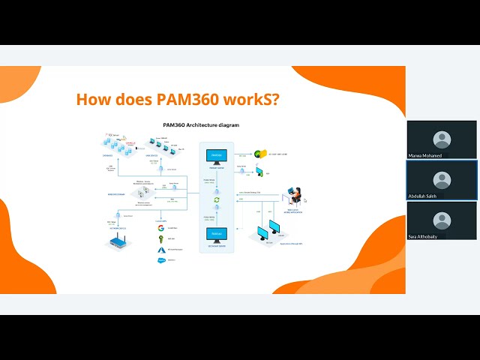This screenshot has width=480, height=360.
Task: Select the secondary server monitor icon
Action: [x=216, y=234]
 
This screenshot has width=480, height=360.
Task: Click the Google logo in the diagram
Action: [x=160, y=228]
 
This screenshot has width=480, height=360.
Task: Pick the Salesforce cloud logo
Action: [x=160, y=260]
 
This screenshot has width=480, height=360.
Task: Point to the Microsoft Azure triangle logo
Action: [x=160, y=249]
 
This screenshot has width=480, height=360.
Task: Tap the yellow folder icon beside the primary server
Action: [x=260, y=154]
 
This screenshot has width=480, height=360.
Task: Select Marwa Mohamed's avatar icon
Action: [x=442, y=139]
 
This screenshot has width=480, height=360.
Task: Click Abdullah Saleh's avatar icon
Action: [x=442, y=180]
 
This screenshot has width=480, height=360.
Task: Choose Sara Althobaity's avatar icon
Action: [x=442, y=220]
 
